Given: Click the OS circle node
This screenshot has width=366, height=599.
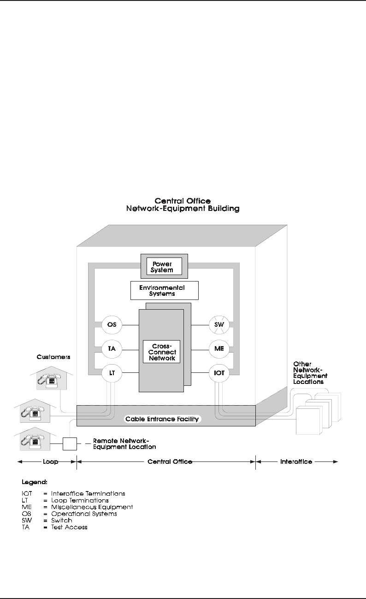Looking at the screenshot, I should coord(112,325).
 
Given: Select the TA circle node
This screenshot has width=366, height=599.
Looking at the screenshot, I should coord(112,349).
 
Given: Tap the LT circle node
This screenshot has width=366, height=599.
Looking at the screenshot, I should coord(112,372).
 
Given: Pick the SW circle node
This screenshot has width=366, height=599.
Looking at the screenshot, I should coord(219,325).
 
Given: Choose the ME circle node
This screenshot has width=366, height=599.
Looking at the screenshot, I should coord(219,349).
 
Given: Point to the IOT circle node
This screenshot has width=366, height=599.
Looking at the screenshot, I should coord(219,372).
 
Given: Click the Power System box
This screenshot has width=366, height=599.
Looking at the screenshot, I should coord(164,266).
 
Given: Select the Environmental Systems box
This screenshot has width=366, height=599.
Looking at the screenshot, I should coord(165,290).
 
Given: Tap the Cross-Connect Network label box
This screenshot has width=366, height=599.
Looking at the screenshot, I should coord(162,352).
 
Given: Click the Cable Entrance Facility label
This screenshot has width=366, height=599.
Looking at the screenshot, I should coord(162,419).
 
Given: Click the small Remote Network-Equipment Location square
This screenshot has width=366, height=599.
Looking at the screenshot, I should coord(70,443).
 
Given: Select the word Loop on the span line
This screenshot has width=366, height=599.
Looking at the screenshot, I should coord(47,461).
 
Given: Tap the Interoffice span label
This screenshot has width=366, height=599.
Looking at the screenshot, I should coord(296,461).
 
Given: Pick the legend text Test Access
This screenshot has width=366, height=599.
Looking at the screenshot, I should coord(69,527).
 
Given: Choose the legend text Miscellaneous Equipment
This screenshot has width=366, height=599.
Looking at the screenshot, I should coord(92,507).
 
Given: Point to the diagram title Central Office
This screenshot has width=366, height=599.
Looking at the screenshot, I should coord(183,201).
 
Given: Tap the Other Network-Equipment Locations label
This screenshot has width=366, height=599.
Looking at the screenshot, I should coord(310,373).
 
